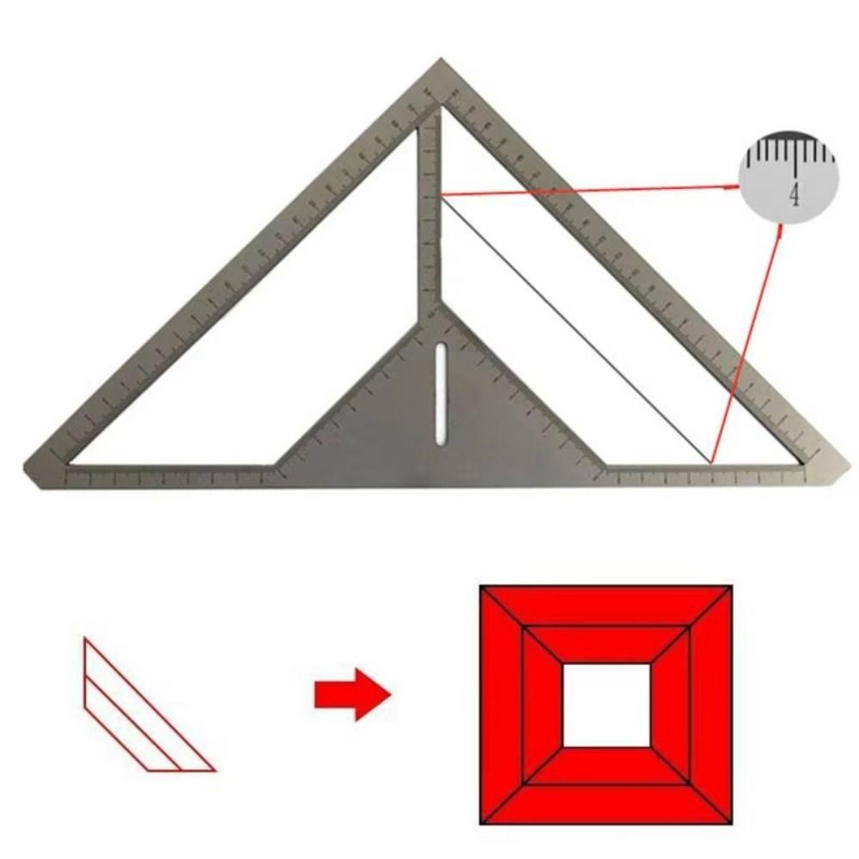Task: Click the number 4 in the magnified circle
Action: coord(795,195)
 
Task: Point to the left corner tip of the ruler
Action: coord(27,468)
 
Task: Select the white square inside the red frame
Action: coord(606,704)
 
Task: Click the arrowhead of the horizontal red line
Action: coord(734,184)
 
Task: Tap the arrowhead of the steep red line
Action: coord(779,232)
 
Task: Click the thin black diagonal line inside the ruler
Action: coord(576,330)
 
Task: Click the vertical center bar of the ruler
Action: coord(430,215)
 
